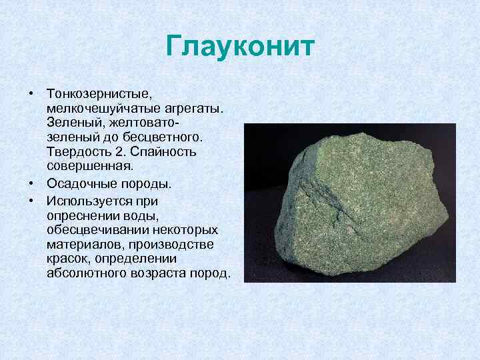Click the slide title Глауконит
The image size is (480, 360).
click(x=240, y=47)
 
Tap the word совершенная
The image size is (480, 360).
click(x=90, y=165)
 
